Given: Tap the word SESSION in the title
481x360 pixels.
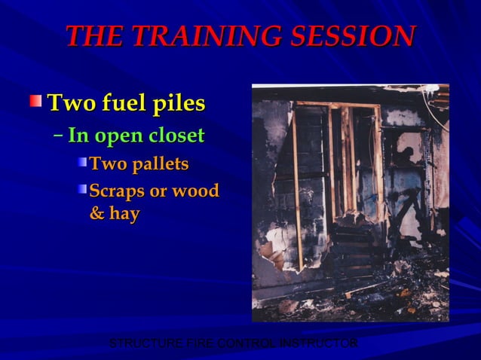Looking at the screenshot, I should [x=354, y=35].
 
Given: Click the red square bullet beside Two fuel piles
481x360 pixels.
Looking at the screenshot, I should [x=36, y=101].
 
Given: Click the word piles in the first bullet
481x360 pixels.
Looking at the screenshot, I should [x=179, y=103].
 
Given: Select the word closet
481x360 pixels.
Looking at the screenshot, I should [x=176, y=136].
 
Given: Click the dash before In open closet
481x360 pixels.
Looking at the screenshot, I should [x=59, y=136].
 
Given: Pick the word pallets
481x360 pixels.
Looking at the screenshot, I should [x=159, y=163].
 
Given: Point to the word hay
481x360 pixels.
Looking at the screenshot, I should [x=124, y=214].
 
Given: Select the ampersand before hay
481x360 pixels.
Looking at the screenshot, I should [x=97, y=214].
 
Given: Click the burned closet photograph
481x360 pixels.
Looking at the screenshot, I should [x=350, y=203].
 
